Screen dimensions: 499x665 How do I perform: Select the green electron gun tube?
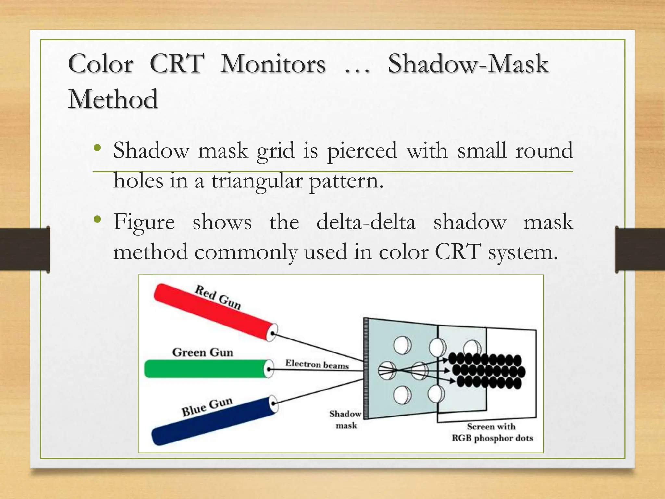click(x=205, y=369)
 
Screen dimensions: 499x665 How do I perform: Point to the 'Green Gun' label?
click(x=203, y=352)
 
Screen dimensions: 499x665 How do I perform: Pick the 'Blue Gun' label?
click(x=207, y=407)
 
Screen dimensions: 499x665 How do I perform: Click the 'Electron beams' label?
click(x=317, y=364)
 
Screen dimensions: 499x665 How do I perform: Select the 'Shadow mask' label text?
click(x=345, y=419)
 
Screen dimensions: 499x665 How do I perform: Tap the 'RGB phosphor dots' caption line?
click(x=492, y=438)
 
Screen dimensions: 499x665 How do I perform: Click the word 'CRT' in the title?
click(x=177, y=64)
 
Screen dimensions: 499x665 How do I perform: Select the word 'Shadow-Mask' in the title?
click(x=468, y=64)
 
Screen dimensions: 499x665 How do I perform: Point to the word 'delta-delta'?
click(x=366, y=223)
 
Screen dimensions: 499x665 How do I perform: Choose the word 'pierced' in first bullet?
click(x=362, y=151)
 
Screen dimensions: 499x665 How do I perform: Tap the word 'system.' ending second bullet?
click(x=523, y=252)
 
